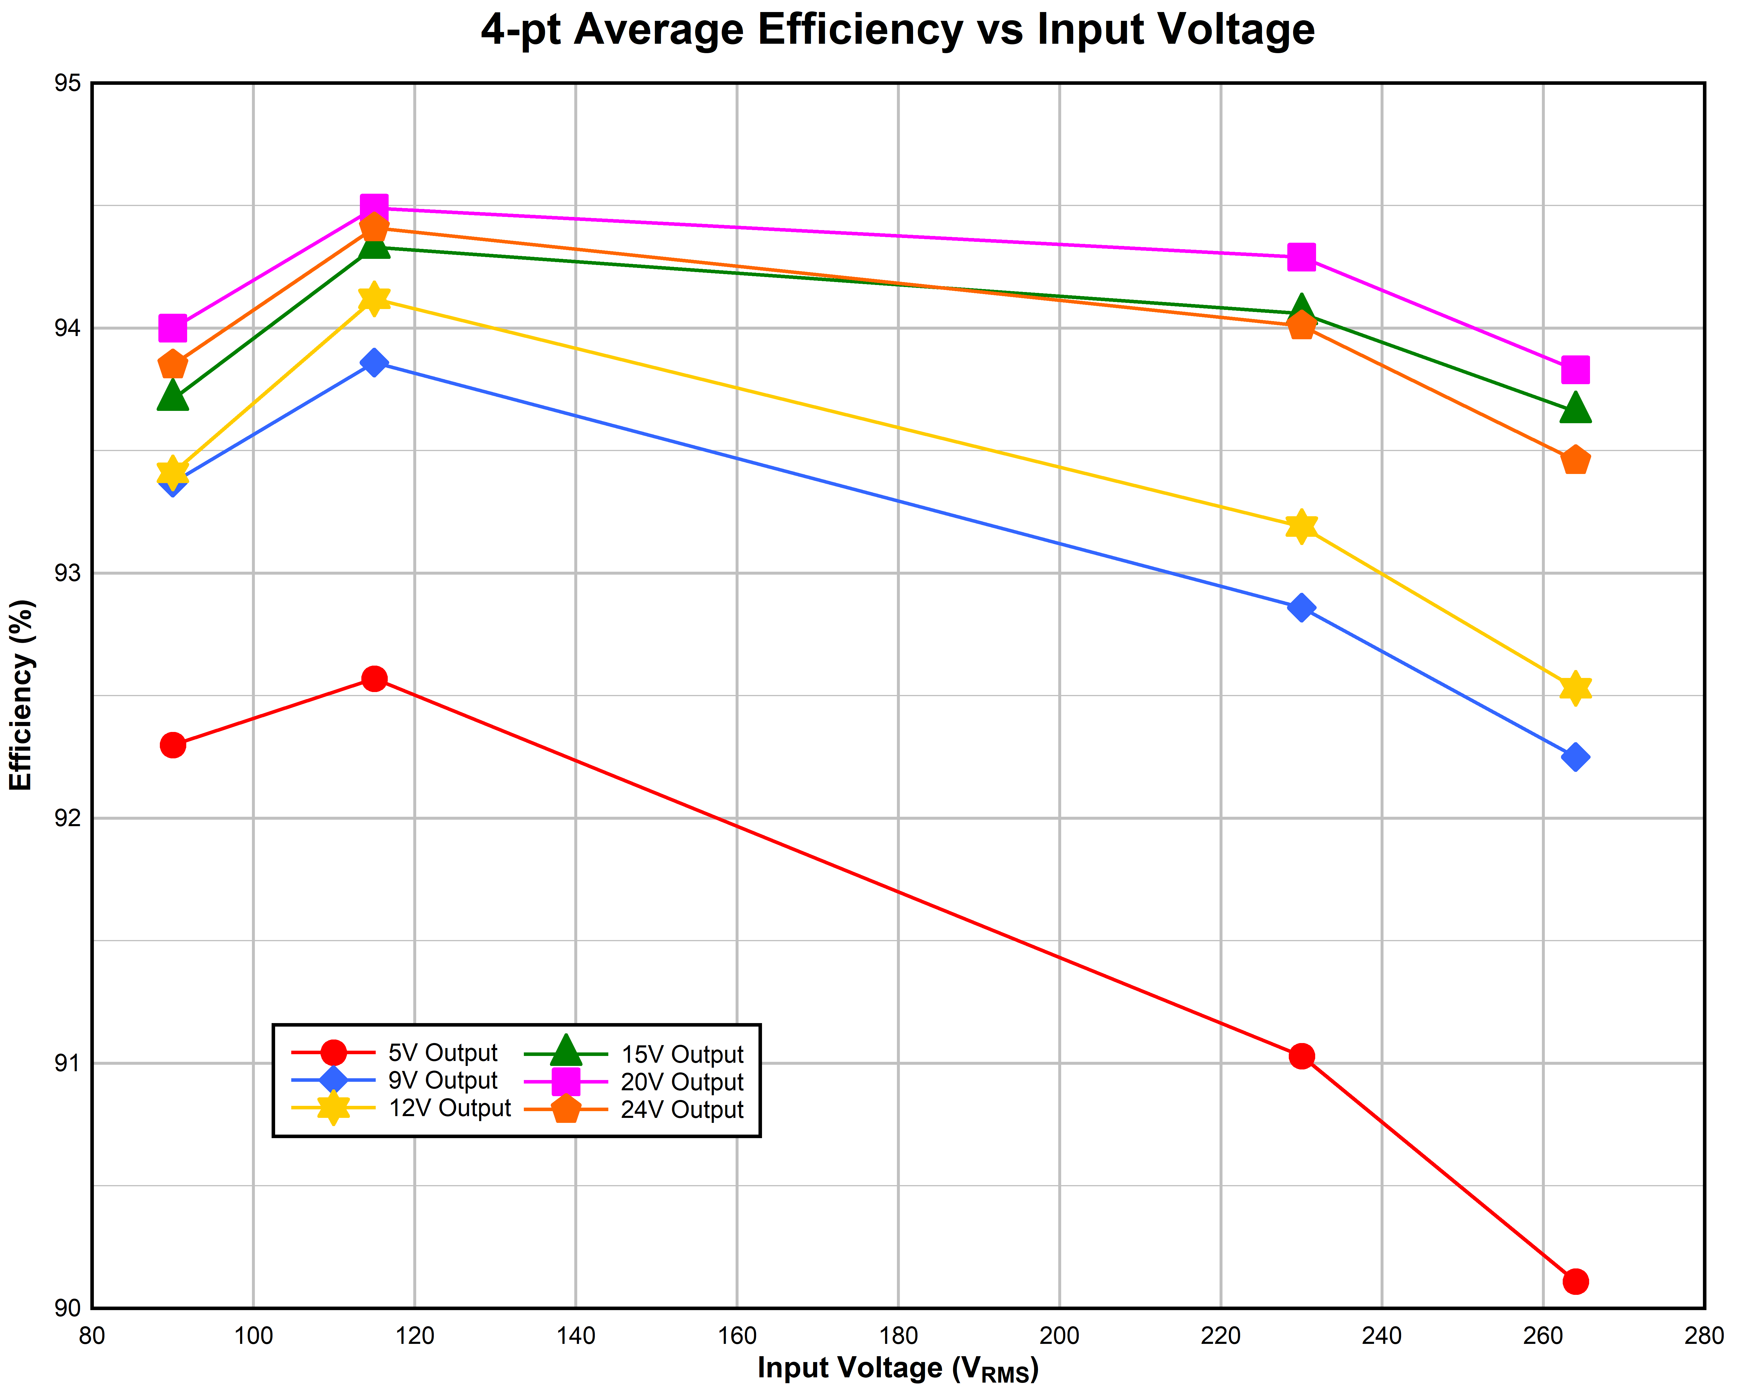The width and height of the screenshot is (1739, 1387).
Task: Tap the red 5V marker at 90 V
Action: (x=172, y=745)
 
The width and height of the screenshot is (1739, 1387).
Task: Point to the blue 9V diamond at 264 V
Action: (x=1575, y=757)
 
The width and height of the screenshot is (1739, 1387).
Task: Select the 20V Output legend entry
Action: (x=682, y=1082)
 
